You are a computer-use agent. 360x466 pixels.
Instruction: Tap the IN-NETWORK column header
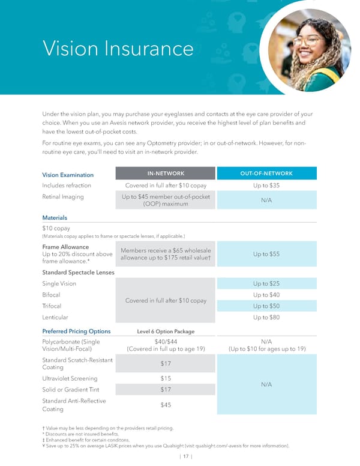(166, 174)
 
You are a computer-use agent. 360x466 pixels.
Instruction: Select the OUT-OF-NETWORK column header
(266, 174)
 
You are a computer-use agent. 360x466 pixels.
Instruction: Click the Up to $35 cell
(266, 186)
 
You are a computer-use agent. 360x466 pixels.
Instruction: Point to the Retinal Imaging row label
(63, 196)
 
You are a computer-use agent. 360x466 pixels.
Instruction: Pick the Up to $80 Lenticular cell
(266, 317)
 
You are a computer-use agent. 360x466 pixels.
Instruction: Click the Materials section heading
(55, 217)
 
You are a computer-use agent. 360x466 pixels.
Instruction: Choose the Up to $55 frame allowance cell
(266, 255)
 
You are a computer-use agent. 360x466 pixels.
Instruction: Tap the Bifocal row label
(51, 295)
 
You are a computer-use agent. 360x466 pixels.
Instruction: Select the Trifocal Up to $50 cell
(266, 306)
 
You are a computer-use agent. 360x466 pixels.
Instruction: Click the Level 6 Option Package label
(166, 331)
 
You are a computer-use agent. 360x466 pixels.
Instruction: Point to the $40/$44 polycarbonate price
(166, 342)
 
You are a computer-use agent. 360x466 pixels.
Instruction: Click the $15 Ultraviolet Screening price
(166, 378)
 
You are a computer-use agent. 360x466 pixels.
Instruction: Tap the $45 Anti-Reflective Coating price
(166, 405)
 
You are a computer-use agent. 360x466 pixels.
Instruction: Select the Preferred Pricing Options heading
(76, 331)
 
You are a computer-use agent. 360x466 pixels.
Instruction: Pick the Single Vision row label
(59, 283)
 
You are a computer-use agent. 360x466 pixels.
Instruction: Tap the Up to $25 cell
(266, 283)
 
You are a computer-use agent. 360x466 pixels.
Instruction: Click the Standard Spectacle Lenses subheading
(78, 272)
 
